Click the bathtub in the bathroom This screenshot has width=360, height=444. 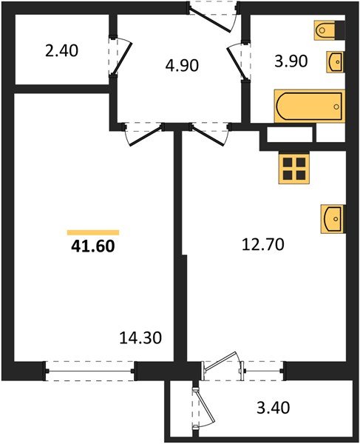point(309,107)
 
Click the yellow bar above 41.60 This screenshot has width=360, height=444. point(92,232)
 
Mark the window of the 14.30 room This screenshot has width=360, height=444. point(89,367)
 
